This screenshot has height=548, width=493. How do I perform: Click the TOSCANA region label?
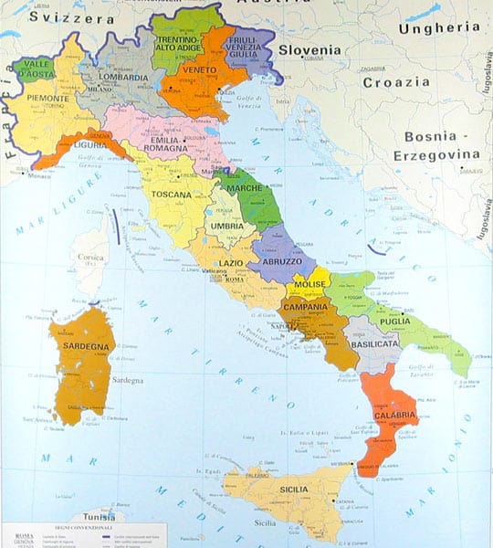pyautogui.click(x=172, y=195)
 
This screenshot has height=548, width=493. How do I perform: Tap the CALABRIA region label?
pyautogui.click(x=395, y=416)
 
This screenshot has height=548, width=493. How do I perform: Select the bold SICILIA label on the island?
pyautogui.click(x=274, y=489)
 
